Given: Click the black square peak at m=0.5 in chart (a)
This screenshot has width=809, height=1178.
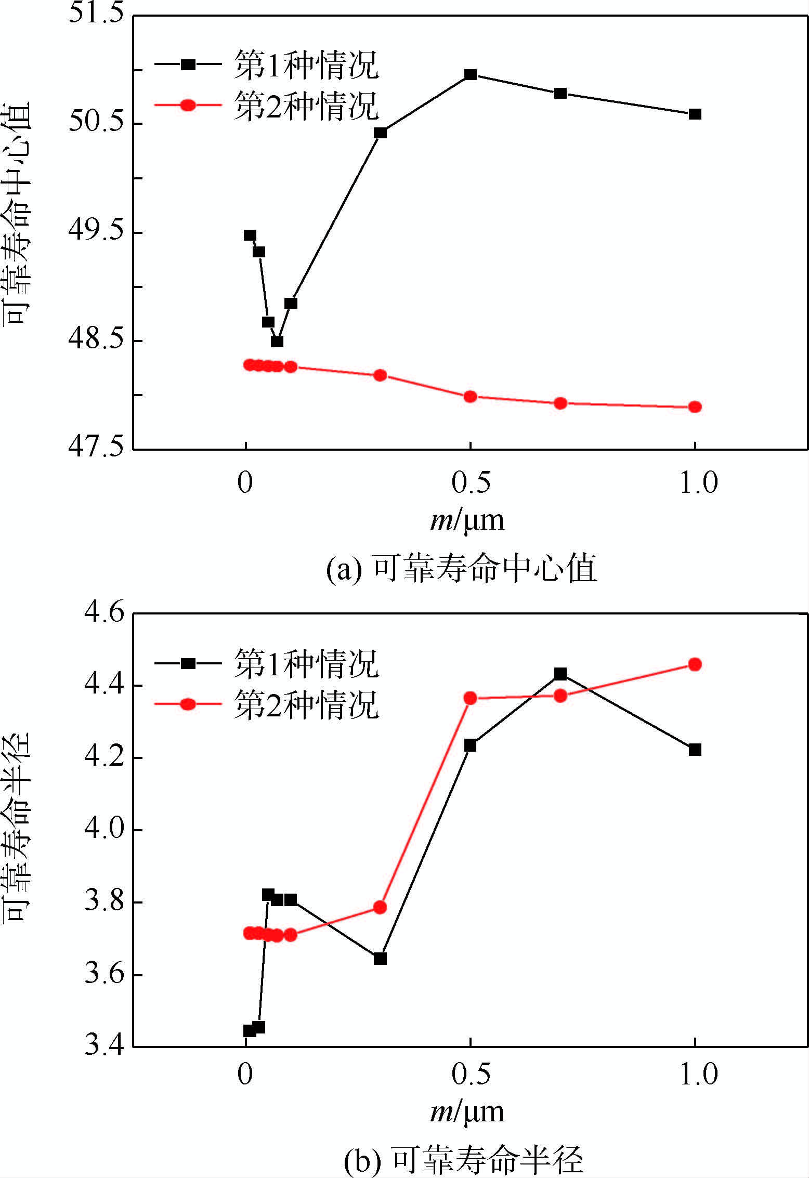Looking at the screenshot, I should coord(471,75).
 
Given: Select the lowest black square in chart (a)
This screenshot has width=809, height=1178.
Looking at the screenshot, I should coord(277,342).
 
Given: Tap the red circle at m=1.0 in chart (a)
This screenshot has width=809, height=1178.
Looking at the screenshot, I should coord(695,407).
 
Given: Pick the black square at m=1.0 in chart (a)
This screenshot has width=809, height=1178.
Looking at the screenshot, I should coord(695,114).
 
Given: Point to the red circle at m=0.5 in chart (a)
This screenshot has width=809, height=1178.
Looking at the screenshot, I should coord(471,397).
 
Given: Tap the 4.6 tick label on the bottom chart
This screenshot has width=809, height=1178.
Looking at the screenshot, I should coord(105,612).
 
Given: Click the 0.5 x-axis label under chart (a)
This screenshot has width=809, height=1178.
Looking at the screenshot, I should coord(471,483).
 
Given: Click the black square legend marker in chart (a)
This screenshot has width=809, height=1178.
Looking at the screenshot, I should coord(188,64).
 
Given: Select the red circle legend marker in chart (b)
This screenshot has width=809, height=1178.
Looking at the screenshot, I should coord(188,704).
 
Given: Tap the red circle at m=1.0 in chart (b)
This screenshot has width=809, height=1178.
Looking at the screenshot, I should coord(695,664).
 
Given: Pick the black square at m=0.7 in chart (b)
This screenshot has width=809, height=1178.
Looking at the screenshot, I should coord(560,674).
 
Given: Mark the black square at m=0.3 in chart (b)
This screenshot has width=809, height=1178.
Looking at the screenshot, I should coord(380,959).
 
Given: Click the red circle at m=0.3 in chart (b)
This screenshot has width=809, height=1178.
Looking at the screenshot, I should coord(380,908).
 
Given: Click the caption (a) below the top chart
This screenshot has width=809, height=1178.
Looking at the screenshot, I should coord(462,568).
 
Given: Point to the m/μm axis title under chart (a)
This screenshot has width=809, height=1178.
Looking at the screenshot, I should coord(467,520).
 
